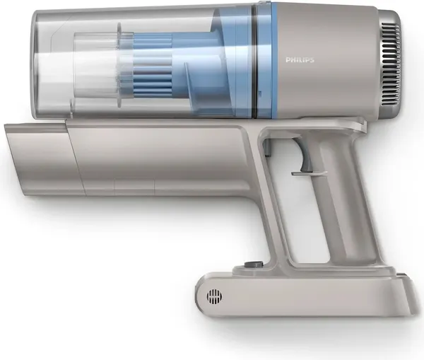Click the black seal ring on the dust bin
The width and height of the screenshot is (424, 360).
pyautogui.click(x=254, y=64)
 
